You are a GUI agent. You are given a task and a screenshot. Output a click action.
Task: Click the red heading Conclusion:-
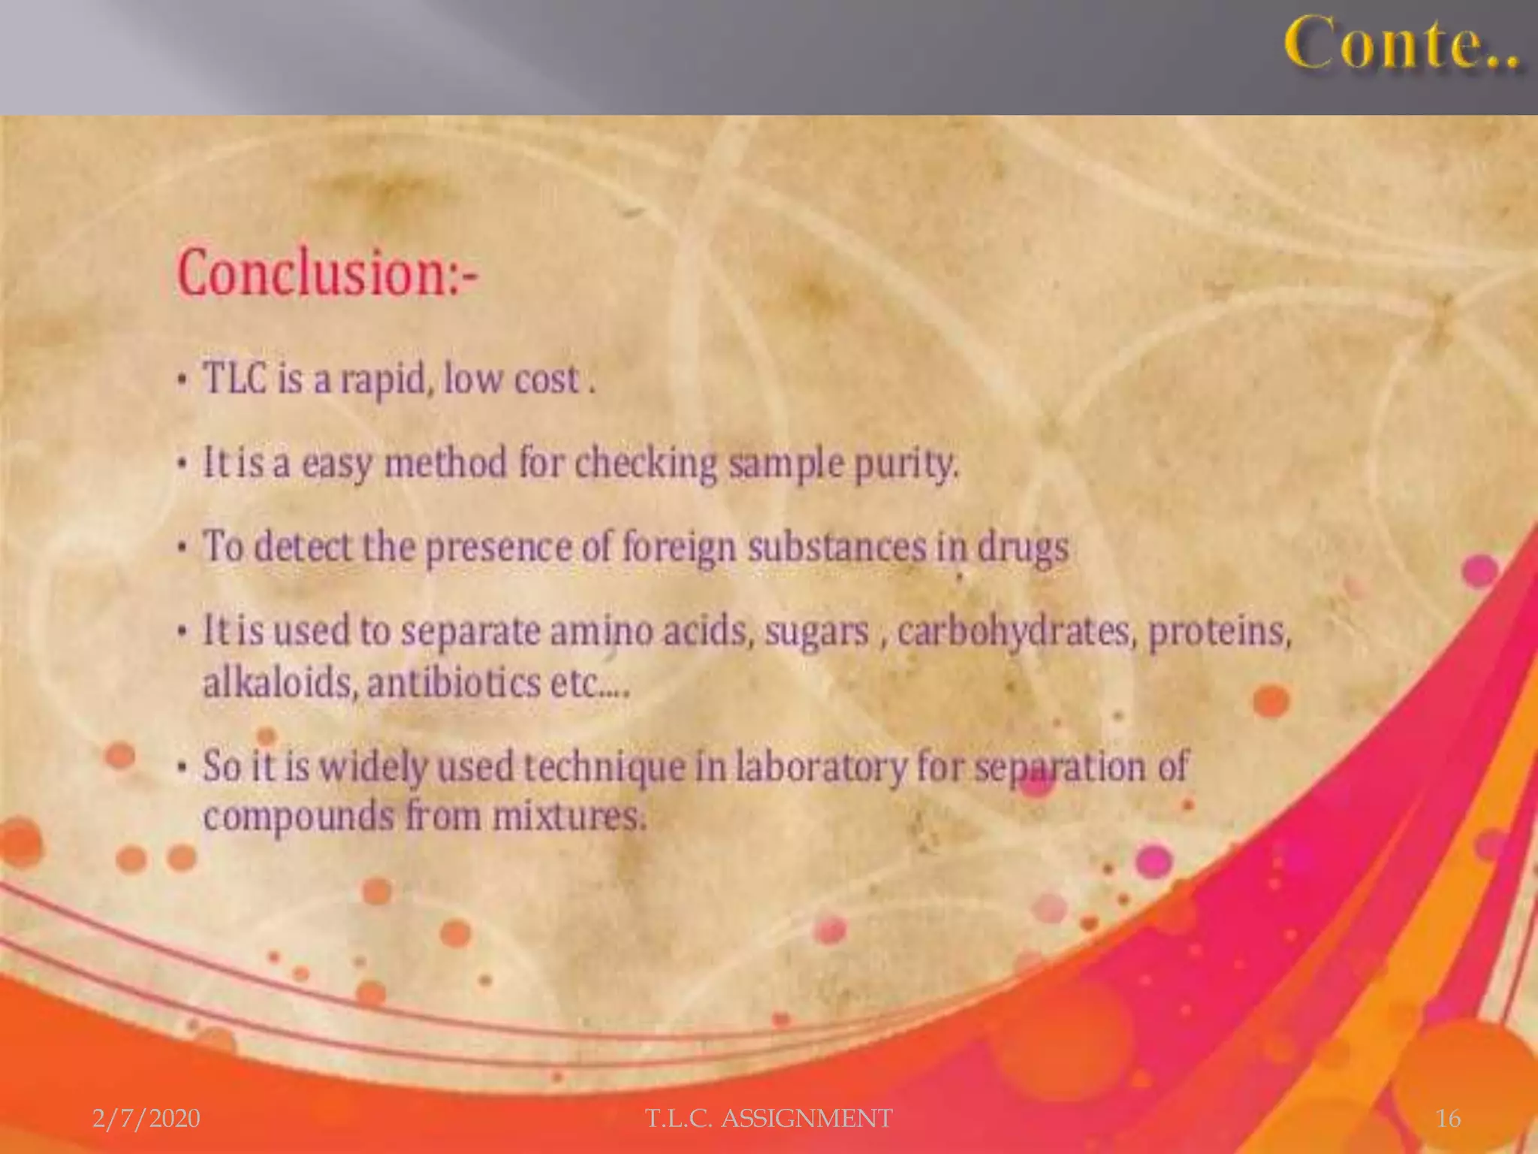327,273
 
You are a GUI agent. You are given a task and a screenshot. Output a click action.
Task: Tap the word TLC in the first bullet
235,378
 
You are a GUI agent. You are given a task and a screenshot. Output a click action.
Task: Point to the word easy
336,464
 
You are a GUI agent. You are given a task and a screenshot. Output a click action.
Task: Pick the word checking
647,463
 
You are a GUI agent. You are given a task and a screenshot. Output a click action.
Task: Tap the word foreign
679,548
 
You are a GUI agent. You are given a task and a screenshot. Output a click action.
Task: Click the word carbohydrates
1014,631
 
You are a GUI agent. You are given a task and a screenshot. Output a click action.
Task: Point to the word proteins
1220,631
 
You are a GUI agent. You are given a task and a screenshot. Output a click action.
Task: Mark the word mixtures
569,817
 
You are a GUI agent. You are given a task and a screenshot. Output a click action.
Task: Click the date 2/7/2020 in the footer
146,1119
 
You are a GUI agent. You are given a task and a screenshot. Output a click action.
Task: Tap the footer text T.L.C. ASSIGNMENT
769,1119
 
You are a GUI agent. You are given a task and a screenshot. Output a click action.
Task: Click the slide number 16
1448,1119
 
